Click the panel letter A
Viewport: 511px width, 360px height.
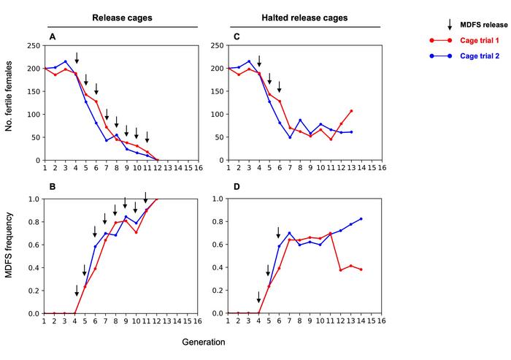click(52, 37)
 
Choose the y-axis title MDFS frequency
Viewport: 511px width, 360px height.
click(10, 256)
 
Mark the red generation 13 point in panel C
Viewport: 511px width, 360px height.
click(351, 111)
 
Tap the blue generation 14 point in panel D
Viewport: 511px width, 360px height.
click(361, 219)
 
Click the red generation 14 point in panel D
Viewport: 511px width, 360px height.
click(361, 269)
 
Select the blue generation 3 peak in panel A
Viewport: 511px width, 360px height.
click(66, 61)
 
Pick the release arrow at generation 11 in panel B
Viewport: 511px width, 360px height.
click(146, 198)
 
